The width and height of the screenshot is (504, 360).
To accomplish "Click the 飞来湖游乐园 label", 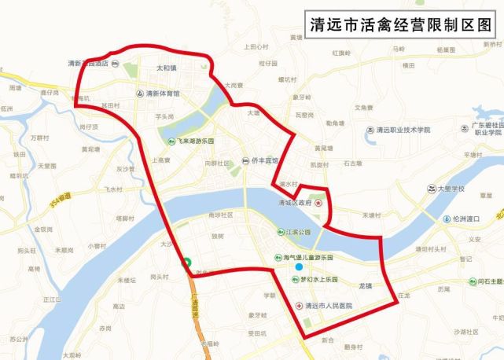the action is (196, 141).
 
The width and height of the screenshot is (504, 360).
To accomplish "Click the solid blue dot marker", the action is (299, 267).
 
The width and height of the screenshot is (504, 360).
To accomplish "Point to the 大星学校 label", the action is (451, 189).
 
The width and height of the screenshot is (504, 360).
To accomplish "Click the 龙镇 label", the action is (366, 287).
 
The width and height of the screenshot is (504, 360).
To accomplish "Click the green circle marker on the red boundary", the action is (186, 263).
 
